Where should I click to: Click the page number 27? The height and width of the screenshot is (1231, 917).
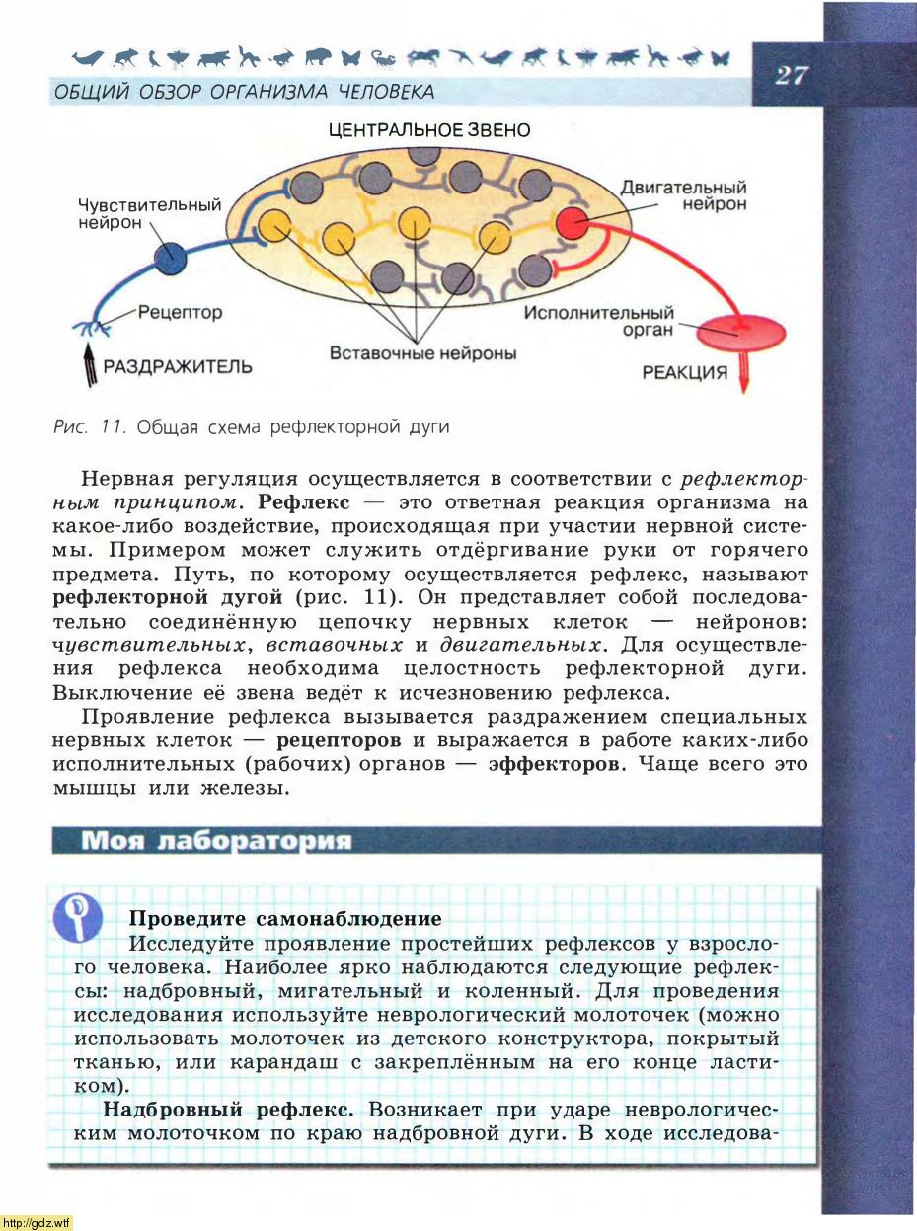pyautogui.click(x=791, y=75)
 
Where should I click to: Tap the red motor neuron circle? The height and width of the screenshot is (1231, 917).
pyautogui.click(x=572, y=223)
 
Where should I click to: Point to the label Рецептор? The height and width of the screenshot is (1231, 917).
pyautogui.click(x=180, y=313)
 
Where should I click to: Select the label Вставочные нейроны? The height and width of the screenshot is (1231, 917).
pyautogui.click(x=422, y=353)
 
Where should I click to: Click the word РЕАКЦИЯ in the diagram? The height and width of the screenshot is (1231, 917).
pyautogui.click(x=684, y=373)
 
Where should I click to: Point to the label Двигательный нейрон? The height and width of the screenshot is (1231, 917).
pyautogui.click(x=683, y=195)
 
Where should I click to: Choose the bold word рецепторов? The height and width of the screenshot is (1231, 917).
pyautogui.click(x=339, y=740)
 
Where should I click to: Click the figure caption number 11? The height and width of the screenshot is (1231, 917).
pyautogui.click(x=115, y=427)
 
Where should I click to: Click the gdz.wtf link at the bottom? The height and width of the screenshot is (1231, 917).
pyautogui.click(x=37, y=1223)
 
